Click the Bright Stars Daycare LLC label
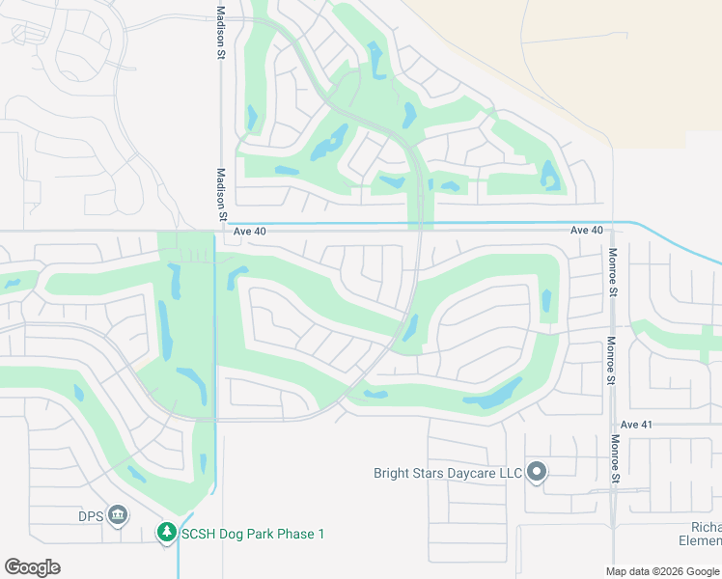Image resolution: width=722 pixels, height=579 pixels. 447,473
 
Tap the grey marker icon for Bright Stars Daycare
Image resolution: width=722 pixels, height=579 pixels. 538,473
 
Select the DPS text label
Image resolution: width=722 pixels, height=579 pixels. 91,515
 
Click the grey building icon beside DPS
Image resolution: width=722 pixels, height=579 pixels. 118,515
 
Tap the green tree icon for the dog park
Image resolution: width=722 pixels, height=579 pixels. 167,533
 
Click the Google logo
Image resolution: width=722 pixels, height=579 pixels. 32,567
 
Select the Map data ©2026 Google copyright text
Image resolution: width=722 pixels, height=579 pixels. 662,571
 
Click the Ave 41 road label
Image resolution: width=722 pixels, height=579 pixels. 637,425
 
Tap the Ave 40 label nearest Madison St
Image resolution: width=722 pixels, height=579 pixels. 248,231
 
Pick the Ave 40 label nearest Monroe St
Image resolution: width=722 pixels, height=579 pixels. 586,231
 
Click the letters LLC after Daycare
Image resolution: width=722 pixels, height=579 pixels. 508,473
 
